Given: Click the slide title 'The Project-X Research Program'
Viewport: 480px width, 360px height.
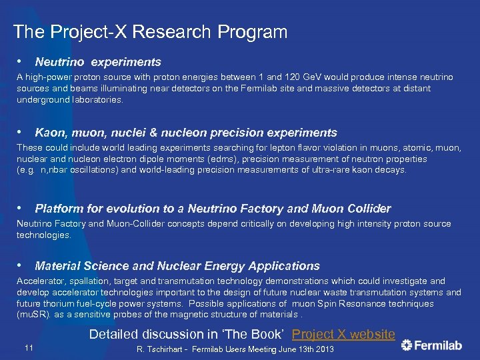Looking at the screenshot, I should [150, 31].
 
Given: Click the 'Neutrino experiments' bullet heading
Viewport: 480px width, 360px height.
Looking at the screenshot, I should [98, 62].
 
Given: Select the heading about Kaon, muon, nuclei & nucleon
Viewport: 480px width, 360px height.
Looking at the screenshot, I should [186, 133].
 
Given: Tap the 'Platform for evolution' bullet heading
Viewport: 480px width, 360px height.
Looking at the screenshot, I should [213, 209].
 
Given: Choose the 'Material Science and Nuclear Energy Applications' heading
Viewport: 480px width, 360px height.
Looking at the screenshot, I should [177, 266].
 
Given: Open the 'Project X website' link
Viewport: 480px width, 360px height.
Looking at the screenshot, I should [343, 334].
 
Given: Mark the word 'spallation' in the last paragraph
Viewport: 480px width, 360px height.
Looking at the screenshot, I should [89, 281].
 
